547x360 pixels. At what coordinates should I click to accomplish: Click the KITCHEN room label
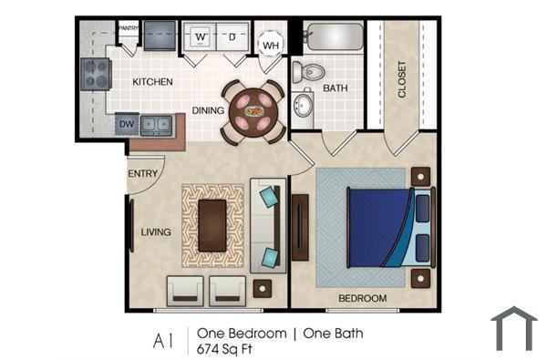pyautogui.click(x=152, y=82)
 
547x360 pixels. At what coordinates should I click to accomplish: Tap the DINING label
pyautogui.click(x=208, y=111)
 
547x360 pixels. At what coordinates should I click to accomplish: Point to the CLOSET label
pyautogui.click(x=402, y=79)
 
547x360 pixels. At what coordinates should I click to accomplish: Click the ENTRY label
pyautogui.click(x=143, y=174)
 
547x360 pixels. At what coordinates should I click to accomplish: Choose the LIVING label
pyautogui.click(x=155, y=232)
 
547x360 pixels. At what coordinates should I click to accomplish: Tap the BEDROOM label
pyautogui.click(x=363, y=298)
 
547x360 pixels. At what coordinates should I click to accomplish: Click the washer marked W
pyautogui.click(x=201, y=37)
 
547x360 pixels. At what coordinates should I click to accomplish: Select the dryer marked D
pyautogui.click(x=232, y=37)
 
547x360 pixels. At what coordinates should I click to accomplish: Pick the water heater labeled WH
pyautogui.click(x=271, y=44)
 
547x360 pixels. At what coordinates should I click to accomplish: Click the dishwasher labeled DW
pyautogui.click(x=128, y=123)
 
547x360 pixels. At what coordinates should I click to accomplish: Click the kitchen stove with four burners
pyautogui.click(x=94, y=72)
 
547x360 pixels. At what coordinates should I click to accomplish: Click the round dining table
pyautogui.click(x=253, y=111)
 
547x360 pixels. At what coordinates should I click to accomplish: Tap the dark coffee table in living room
pyautogui.click(x=212, y=224)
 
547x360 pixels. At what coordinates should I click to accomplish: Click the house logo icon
pyautogui.click(x=514, y=329)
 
